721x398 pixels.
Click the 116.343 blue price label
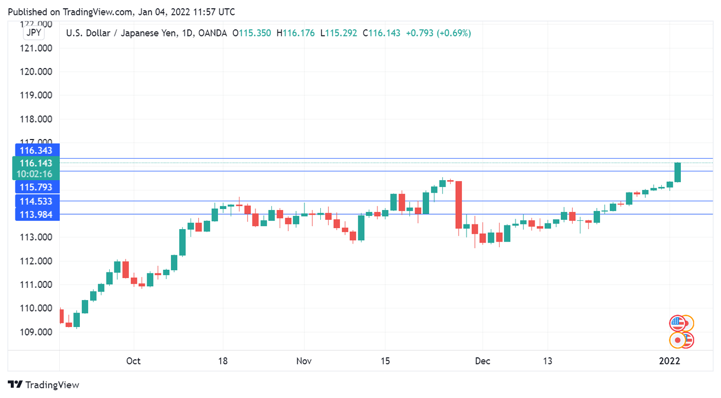pos(36,150)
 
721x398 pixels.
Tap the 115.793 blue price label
pos(36,187)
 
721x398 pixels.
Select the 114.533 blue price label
pos(36,201)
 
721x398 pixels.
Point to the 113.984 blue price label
pos(36,214)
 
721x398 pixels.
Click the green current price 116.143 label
pos(36,163)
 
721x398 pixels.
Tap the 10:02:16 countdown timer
pos(36,174)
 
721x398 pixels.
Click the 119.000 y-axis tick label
pos(36,95)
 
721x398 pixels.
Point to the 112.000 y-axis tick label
pos(36,261)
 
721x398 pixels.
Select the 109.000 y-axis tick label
pos(36,332)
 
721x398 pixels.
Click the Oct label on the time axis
pos(133,361)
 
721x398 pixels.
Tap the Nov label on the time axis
pos(304,361)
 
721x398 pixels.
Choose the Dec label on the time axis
pos(483,361)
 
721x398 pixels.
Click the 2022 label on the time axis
pos(670,361)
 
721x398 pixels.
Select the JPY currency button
pos(35,33)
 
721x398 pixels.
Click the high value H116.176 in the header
pos(295,33)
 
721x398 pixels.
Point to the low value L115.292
pos(338,33)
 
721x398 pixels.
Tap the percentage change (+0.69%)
pos(454,33)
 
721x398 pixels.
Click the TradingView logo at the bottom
pos(44,385)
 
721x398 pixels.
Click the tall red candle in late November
pos(458,204)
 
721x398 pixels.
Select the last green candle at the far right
pos(678,172)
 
